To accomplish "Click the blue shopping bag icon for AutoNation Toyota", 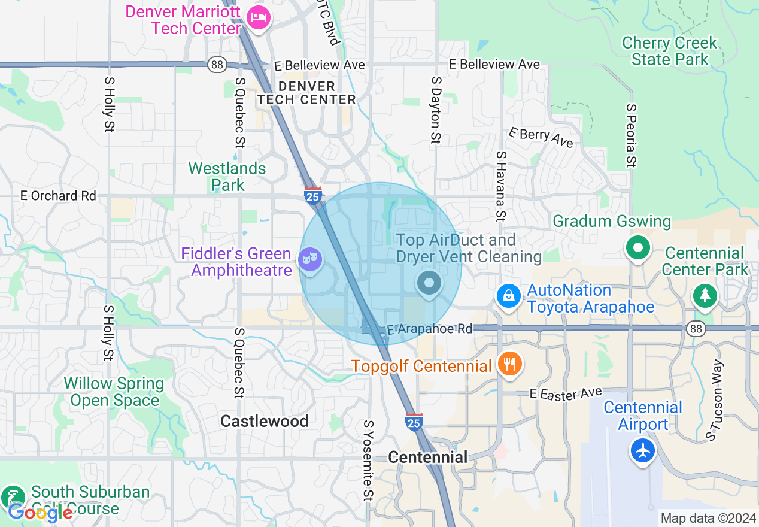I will [508, 296].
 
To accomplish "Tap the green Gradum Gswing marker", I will [638, 247].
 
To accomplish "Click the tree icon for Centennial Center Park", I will [705, 295].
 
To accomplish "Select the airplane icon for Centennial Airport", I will [643, 450].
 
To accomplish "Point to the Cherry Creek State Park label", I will [669, 52].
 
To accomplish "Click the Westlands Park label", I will [227, 177].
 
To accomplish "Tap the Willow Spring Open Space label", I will [114, 392].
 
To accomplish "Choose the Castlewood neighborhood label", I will [265, 422].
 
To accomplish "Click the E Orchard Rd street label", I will [58, 196].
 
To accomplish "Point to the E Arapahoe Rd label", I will [429, 329].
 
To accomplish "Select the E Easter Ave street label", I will [566, 393].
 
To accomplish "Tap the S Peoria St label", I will [631, 135].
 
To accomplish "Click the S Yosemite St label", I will [368, 460].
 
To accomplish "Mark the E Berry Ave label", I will [541, 137].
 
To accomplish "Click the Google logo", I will [40, 513].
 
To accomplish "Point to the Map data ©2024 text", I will [708, 518].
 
